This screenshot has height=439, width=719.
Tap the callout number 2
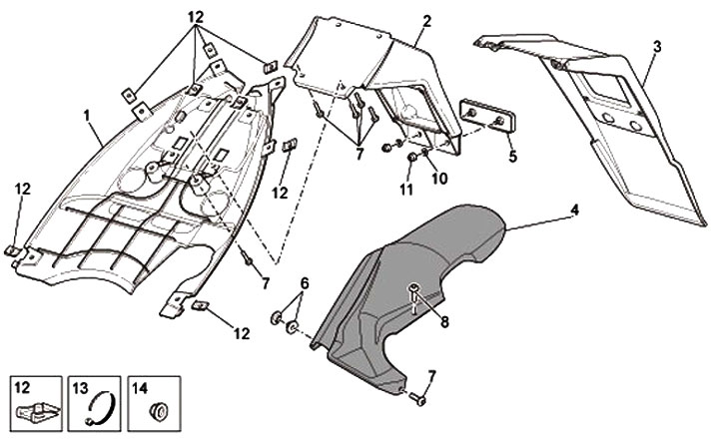426,20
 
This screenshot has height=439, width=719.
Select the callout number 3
656,46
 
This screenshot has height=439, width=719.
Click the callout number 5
513,156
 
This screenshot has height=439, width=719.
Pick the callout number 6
306,283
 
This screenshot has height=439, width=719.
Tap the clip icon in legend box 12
37,410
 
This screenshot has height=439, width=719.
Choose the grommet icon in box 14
156,409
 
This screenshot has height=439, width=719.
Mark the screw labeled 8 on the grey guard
415,295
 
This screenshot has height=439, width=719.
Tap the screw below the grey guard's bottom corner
418,399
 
